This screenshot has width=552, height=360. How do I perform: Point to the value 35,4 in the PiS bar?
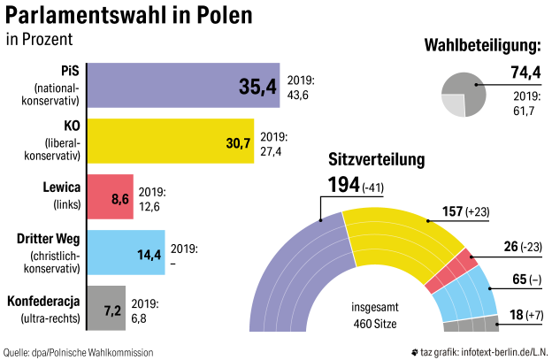coord(257,87)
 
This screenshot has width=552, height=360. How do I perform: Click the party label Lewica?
coord(62,187)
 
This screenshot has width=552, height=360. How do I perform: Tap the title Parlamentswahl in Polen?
coord(127,16)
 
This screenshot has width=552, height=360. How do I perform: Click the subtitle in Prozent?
coord(39,40)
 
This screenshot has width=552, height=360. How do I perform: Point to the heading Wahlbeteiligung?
coord(482,45)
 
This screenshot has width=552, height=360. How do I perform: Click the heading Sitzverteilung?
coord(377,160)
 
